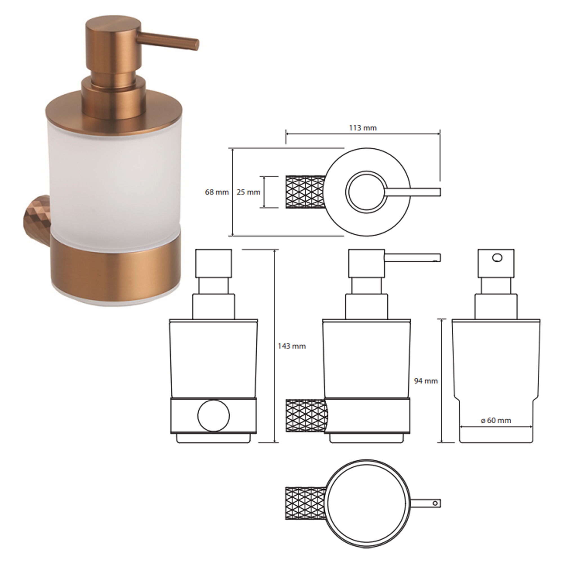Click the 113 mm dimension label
pos(363,128)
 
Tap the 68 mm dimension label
pos(217,192)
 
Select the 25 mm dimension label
pos(248,192)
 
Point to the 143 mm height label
pos(292,346)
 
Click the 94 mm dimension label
pos(426,381)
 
